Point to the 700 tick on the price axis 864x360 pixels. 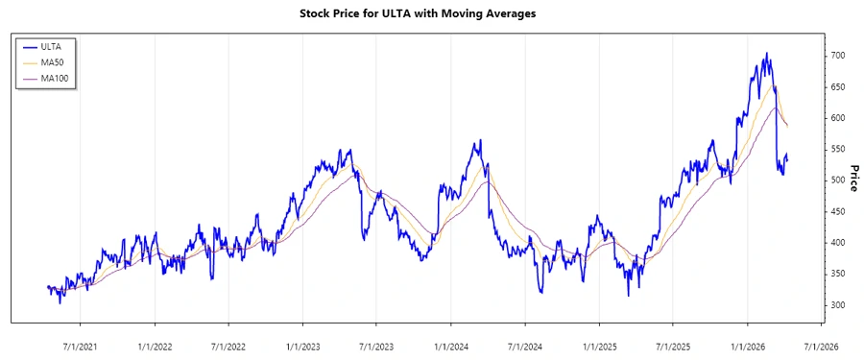click(838, 56)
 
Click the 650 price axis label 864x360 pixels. click(838, 87)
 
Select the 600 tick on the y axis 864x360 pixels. click(838, 118)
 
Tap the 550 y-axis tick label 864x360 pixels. click(838, 150)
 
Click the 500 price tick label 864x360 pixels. click(838, 180)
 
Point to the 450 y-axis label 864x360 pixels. click(838, 212)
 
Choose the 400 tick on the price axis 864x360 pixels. click(838, 243)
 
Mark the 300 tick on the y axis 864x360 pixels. click(838, 305)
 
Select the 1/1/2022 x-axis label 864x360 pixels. click(155, 346)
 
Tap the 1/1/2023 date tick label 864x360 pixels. click(302, 346)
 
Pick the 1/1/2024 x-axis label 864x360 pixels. click(450, 346)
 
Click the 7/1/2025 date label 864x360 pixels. click(673, 346)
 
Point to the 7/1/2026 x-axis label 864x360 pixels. click(821, 346)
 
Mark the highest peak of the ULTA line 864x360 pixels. click(765, 54)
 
